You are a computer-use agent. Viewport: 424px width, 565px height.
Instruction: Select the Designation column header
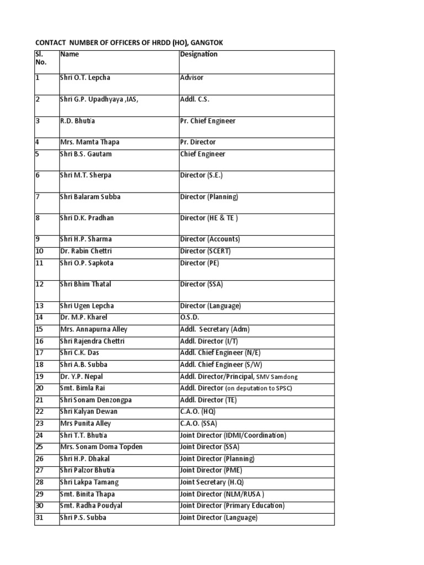[x=199, y=54]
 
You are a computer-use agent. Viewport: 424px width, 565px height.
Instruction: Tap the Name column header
[x=70, y=54]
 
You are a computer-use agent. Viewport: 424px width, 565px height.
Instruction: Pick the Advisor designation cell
[x=192, y=78]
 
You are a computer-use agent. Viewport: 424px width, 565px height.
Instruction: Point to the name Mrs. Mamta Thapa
[x=89, y=142]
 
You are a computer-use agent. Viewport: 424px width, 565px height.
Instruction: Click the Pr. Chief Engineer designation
[x=208, y=121]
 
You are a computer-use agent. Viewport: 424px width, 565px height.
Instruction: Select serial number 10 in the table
[x=39, y=251]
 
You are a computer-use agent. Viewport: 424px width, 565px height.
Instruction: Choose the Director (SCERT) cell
[x=205, y=251]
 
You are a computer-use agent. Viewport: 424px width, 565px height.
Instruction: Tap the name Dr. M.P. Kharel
[x=84, y=317]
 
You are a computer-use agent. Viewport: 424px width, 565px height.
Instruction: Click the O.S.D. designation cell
[x=190, y=317]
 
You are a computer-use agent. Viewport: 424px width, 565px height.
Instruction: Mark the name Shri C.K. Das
[x=79, y=353]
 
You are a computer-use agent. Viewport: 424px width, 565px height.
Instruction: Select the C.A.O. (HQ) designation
[x=198, y=412]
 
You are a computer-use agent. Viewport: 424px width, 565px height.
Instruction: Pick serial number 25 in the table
[x=39, y=447]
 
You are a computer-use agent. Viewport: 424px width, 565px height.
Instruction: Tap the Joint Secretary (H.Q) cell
[x=212, y=482]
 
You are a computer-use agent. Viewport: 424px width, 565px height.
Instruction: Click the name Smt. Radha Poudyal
[x=91, y=505]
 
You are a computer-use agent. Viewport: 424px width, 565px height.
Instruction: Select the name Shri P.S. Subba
[x=83, y=518]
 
